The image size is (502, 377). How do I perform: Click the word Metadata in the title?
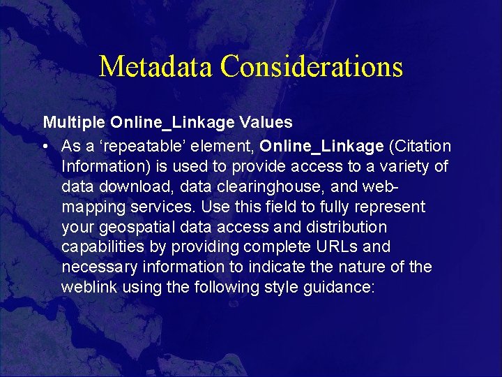(156, 66)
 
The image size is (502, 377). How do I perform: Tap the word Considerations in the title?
(312, 66)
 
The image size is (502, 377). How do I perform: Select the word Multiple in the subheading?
(74, 123)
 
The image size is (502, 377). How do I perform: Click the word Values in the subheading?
(268, 123)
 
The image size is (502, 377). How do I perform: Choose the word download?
(124, 187)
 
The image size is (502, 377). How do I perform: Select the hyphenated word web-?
(381, 187)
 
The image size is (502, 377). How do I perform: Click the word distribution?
(346, 227)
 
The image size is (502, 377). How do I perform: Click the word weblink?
(85, 287)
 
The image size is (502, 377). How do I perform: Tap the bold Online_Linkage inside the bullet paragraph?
(322, 147)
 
